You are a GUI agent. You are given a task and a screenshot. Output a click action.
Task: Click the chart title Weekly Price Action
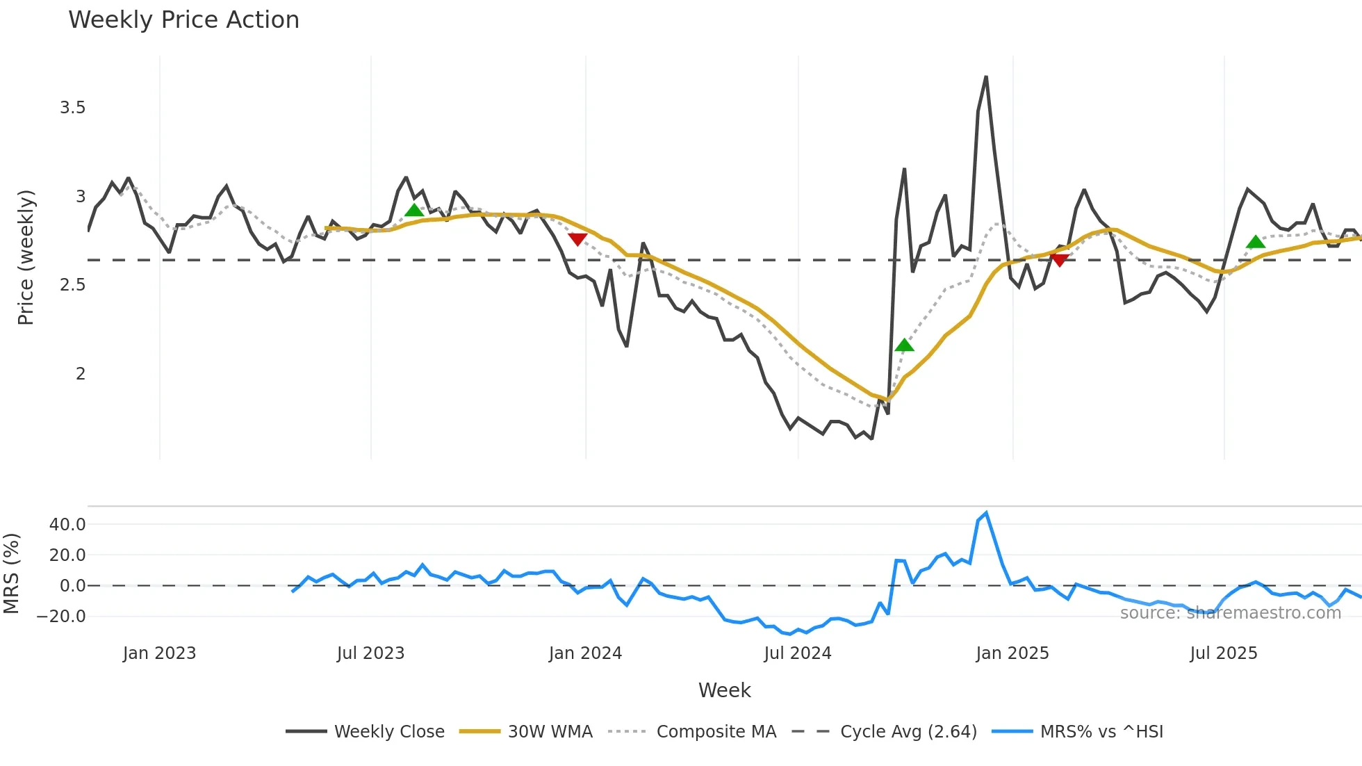(183, 20)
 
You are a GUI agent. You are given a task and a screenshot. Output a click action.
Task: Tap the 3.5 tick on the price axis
(72, 108)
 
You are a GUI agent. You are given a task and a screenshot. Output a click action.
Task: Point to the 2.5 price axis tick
(72, 285)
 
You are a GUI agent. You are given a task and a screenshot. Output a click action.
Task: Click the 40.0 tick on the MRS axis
(67, 525)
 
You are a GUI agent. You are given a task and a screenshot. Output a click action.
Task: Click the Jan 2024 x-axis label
(585, 653)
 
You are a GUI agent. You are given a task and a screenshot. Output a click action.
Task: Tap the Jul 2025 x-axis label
(1223, 653)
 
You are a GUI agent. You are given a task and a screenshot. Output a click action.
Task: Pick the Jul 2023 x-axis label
(370, 653)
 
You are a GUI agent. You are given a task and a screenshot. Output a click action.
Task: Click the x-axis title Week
(724, 690)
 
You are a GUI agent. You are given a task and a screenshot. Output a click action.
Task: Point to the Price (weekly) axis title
(26, 257)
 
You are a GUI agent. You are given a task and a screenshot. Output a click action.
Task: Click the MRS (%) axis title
(12, 573)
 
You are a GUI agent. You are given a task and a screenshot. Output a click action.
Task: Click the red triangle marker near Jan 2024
(577, 239)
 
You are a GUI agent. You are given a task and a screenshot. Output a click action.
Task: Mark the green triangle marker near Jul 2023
(414, 210)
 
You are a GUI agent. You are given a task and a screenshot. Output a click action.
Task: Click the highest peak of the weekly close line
(986, 77)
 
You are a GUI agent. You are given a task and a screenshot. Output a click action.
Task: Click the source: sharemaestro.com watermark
(1230, 613)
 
